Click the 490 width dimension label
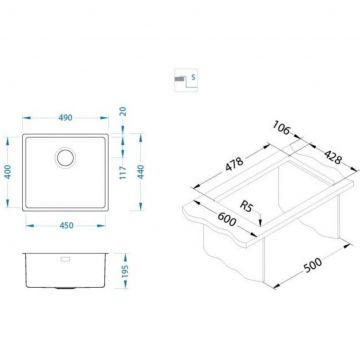65,118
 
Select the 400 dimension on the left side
8,172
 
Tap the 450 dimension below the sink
66,226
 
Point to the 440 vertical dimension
141,172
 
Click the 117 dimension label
123,173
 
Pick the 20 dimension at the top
123,111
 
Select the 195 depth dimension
125,272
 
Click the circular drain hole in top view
65,157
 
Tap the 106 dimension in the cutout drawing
281,127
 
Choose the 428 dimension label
333,157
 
